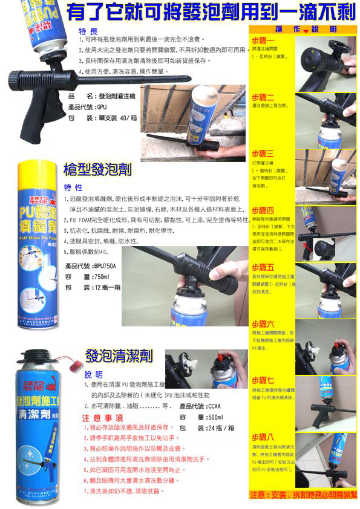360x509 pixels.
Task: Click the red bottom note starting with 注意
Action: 303,494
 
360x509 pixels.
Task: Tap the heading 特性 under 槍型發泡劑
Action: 73,187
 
